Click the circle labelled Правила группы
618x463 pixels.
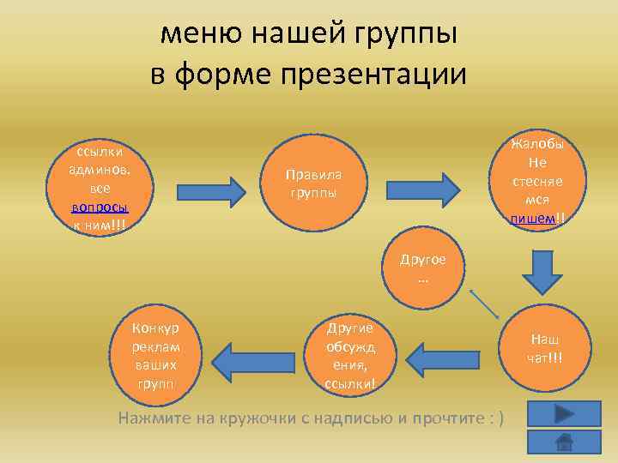(x=313, y=183)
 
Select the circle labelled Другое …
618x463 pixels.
(x=422, y=271)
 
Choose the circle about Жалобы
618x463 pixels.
(x=538, y=181)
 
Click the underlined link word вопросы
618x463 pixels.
(x=100, y=207)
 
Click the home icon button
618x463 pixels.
(x=564, y=442)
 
